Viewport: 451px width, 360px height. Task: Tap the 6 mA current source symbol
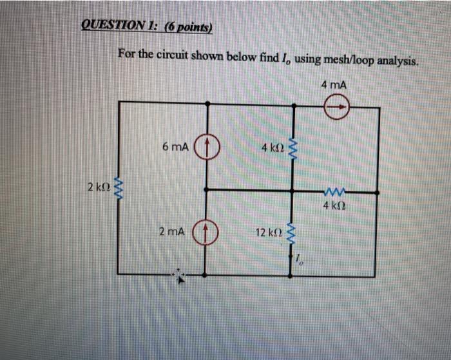207,146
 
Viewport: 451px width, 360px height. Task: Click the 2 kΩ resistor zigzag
119,189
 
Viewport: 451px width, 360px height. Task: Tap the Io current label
300,260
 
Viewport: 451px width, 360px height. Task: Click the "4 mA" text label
332,84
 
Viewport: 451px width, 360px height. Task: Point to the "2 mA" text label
171,231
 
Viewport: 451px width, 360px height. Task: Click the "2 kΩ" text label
98,188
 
